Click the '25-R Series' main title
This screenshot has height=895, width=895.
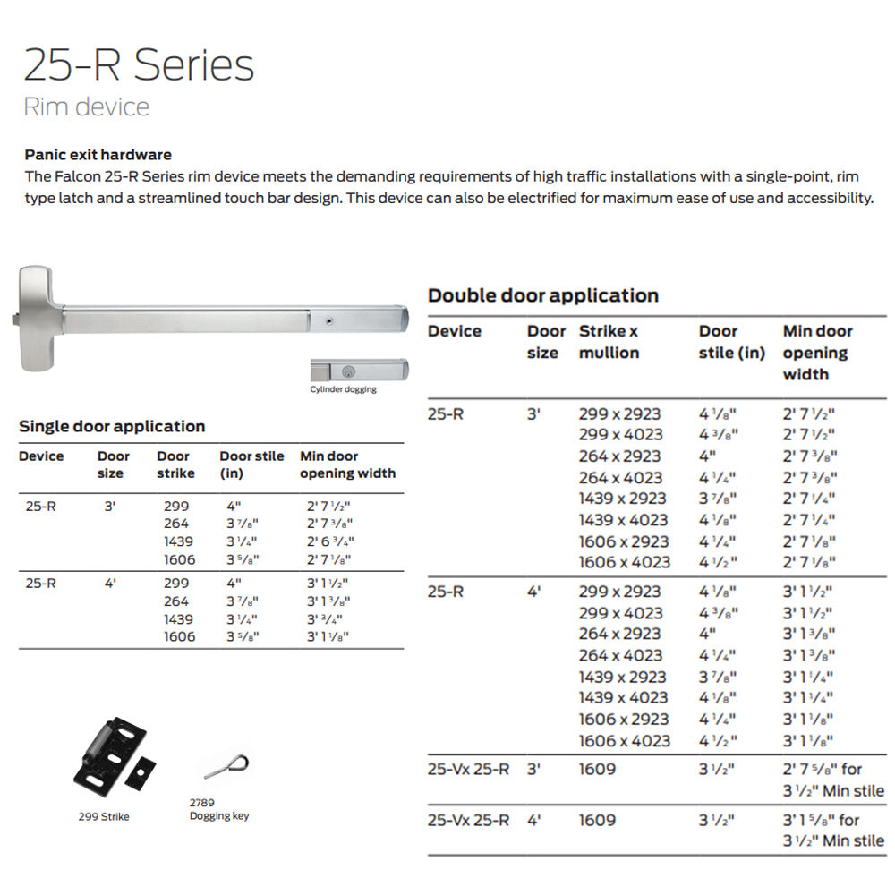point(139,65)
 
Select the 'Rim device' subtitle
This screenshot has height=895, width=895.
point(86,107)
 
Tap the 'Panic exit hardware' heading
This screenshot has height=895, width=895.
point(98,155)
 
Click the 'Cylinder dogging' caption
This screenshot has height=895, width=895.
point(343,389)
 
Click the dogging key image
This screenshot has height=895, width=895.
point(227,766)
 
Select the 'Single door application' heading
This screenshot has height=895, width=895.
point(112,426)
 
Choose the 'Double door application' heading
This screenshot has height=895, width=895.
point(543,295)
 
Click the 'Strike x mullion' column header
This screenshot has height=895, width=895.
point(609,342)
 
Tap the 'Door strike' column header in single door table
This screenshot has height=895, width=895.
point(175,465)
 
